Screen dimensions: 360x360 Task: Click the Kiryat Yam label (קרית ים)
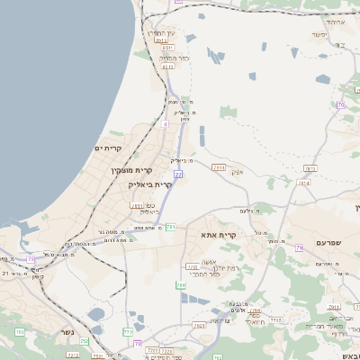107,148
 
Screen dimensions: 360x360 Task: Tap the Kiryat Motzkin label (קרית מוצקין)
126,171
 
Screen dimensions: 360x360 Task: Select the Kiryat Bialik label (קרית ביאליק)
149,184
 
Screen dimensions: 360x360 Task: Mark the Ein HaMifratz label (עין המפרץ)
163,32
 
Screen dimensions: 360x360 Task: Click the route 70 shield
340,105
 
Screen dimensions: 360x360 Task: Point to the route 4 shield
165,124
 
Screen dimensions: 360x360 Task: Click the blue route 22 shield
178,175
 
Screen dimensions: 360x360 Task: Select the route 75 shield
31,259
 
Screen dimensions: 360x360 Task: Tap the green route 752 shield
85,342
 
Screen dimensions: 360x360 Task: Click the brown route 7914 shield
218,166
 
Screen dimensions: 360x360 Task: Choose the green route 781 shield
170,227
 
